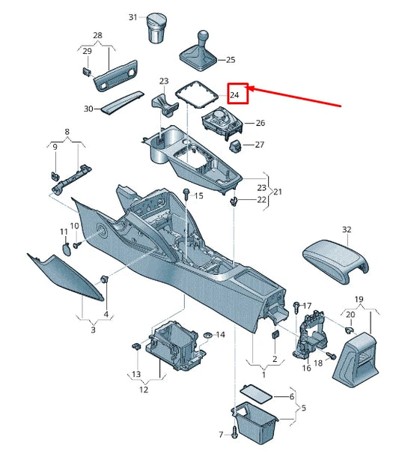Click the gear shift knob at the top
click(203, 36)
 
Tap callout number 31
click(133, 17)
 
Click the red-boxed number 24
click(234, 95)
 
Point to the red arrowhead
click(251, 88)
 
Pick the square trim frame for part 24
click(196, 94)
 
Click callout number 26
click(260, 123)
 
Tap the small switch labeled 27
click(235, 146)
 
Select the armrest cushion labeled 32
click(335, 261)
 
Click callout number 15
click(199, 196)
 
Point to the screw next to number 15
click(186, 194)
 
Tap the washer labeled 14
click(207, 335)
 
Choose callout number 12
click(144, 390)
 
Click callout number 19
click(359, 299)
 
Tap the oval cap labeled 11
click(67, 249)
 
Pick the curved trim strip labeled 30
click(122, 103)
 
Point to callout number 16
click(306, 368)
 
